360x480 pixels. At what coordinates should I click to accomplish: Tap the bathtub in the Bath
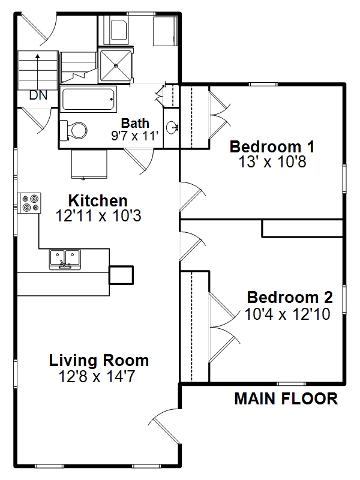(88, 99)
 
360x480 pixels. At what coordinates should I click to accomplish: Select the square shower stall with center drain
(116, 65)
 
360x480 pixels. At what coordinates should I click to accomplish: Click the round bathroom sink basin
(172, 127)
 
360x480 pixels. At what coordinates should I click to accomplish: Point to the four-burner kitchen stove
(29, 203)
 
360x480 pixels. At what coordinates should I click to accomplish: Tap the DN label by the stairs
(38, 95)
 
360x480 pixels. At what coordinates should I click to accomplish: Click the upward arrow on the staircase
(38, 72)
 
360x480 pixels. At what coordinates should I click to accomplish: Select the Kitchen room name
(98, 201)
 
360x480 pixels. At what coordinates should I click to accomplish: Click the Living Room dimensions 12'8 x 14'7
(97, 377)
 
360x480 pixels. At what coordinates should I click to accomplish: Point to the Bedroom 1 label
(272, 146)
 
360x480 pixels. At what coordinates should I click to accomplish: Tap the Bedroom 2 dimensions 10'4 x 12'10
(287, 314)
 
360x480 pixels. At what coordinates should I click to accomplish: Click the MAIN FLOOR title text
(286, 399)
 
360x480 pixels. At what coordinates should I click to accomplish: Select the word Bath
(135, 123)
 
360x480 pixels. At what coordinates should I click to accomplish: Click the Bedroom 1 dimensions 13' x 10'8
(272, 161)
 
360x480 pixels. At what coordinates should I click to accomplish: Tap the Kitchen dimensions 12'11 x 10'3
(98, 216)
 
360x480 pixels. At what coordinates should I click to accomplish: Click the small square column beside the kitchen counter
(121, 275)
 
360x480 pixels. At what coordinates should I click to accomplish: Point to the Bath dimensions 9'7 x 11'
(135, 136)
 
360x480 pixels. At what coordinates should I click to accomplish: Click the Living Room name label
(99, 361)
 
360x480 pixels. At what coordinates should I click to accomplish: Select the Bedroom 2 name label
(290, 298)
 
